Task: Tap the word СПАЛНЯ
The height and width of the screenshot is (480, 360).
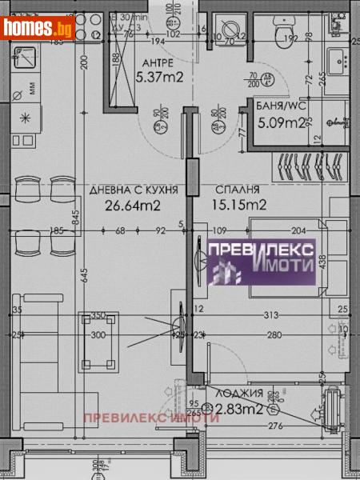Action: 238,190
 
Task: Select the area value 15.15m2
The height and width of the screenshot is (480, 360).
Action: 239,205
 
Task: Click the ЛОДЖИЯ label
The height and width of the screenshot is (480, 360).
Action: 245,394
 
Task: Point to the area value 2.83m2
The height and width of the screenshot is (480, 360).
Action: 245,410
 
